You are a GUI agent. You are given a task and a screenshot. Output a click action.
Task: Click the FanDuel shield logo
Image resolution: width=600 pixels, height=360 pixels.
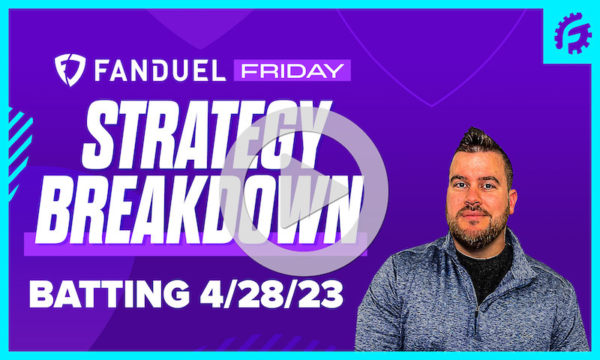[67, 70]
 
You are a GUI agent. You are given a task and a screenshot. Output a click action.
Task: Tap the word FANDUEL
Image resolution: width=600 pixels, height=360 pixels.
[157, 70]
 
